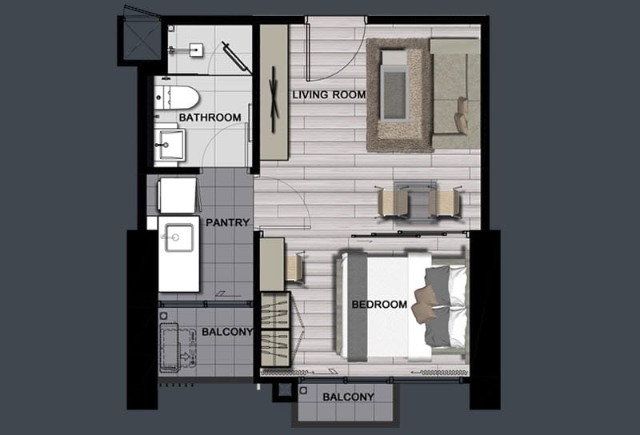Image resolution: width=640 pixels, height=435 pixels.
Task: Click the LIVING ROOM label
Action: pos(329,94)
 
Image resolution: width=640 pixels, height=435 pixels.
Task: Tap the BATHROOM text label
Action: pos(210,118)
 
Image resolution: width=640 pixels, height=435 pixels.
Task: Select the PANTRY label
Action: pos(227,222)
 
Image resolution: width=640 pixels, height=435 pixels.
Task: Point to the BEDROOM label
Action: pos(379,305)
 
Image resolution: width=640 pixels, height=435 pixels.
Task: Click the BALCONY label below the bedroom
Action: pos(348,397)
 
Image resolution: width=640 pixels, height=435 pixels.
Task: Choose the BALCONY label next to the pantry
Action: pos(227,332)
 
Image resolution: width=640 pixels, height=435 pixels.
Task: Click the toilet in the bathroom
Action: pos(176,97)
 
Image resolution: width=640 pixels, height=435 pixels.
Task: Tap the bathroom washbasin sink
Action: pos(170,145)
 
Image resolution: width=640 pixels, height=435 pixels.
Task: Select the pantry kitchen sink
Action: pos(178,238)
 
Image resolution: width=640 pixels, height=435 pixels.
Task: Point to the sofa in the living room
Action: pos(455,94)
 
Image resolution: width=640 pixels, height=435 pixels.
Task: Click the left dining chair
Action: pos(392,203)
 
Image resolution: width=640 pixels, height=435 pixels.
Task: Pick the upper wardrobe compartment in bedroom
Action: pos(274,310)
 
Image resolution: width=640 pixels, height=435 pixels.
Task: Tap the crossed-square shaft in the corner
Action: pos(142,40)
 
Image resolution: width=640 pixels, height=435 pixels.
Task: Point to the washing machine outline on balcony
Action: pos(170,348)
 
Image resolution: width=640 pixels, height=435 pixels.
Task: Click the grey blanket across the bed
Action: pos(357,307)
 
